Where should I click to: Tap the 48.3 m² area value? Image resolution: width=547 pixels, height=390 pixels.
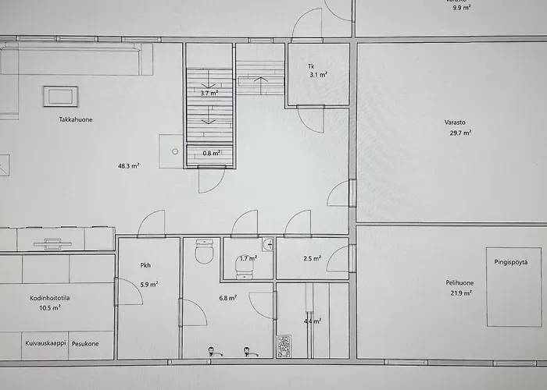(x=129, y=165)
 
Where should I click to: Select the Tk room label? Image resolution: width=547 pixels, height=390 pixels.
(x=311, y=65)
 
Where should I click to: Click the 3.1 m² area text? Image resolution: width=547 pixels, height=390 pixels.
(x=317, y=75)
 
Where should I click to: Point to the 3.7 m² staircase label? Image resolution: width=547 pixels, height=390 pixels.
(x=208, y=93)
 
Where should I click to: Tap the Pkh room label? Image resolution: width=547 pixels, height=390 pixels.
(x=145, y=265)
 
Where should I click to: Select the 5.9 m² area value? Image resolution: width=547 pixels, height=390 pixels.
(x=149, y=285)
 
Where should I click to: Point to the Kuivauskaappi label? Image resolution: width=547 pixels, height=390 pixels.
(x=45, y=342)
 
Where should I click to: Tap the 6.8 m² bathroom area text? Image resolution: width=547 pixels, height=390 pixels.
(x=227, y=298)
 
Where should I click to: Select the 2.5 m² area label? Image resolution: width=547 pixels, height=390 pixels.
(x=312, y=258)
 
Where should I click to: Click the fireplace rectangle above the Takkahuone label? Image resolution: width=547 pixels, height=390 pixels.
(x=59, y=96)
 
